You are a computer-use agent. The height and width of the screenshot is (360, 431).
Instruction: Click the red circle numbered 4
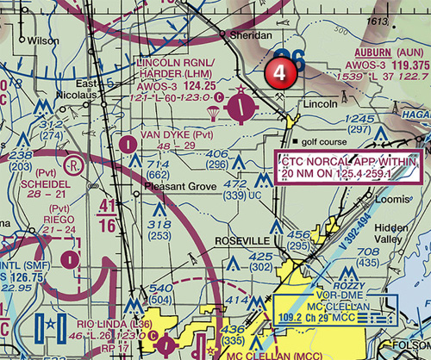[x=280, y=73]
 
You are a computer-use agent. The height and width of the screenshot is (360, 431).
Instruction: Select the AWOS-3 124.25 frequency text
[x=185, y=85]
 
